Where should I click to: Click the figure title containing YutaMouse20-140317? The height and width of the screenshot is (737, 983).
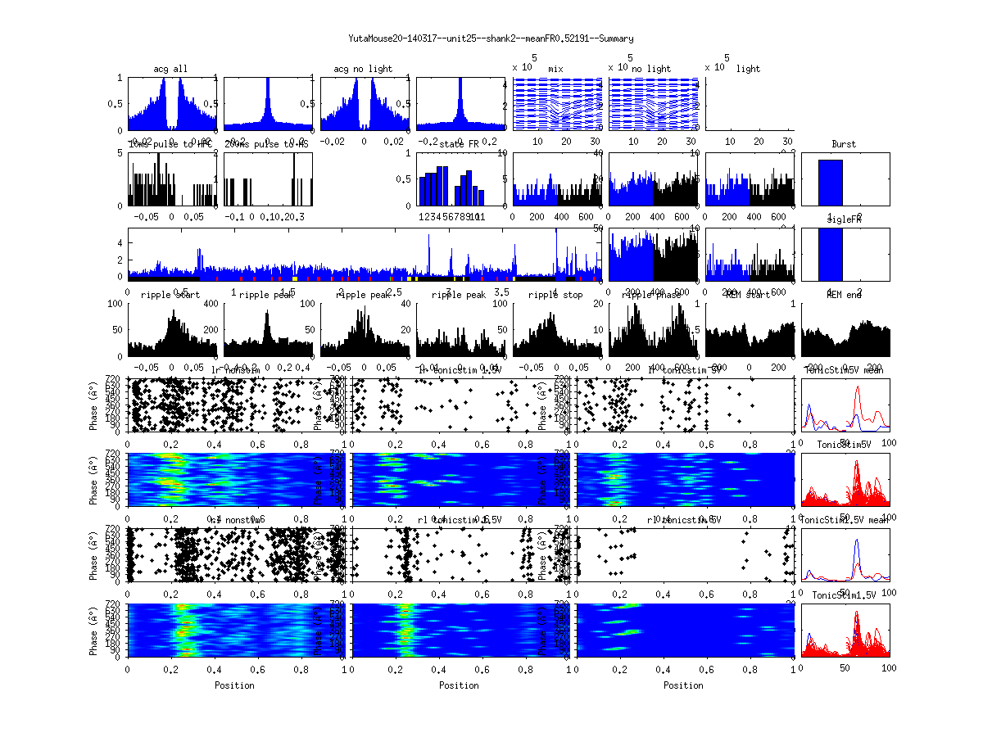491,38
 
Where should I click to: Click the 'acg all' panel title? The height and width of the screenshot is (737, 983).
171,69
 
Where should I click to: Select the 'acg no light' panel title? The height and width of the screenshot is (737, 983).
363,69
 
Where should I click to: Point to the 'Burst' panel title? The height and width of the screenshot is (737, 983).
844,144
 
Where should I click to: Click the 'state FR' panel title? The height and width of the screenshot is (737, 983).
460,144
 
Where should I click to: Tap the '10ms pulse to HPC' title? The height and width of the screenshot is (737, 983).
171,144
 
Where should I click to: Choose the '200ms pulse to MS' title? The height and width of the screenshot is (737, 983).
266,144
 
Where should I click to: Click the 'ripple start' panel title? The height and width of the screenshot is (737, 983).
171,295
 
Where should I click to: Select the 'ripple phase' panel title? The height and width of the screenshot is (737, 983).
652,295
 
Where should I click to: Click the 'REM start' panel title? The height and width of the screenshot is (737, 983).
748,295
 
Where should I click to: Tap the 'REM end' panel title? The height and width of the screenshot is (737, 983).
844,295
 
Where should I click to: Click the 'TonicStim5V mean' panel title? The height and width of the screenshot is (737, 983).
844,370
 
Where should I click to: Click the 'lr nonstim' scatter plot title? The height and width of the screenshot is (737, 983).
237,370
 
